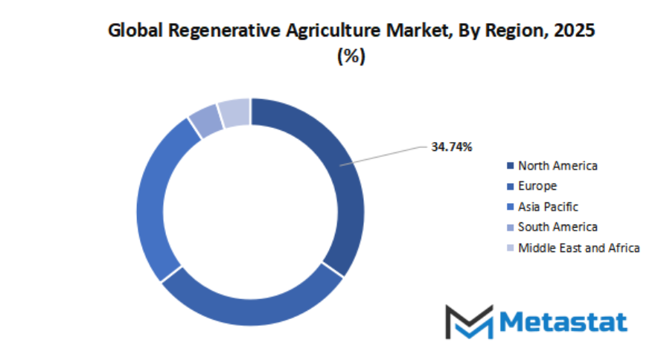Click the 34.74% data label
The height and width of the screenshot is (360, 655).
pos(452,147)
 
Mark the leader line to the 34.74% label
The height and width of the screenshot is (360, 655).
pos(387,154)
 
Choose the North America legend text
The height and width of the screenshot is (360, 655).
pos(557,165)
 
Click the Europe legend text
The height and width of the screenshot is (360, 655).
pos(537,186)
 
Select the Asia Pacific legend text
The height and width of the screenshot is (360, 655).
pos(548,207)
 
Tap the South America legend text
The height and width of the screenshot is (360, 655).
pos(557,227)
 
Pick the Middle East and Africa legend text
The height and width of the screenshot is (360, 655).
pos(578,248)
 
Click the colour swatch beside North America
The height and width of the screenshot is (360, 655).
pos(510,165)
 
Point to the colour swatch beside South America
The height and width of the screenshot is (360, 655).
pos(510,227)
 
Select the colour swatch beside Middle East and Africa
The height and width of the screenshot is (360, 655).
pos(510,248)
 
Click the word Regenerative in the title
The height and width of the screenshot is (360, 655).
pos(213,31)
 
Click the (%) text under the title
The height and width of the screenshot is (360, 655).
pos(351,57)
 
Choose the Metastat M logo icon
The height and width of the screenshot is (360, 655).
pos(469,321)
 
